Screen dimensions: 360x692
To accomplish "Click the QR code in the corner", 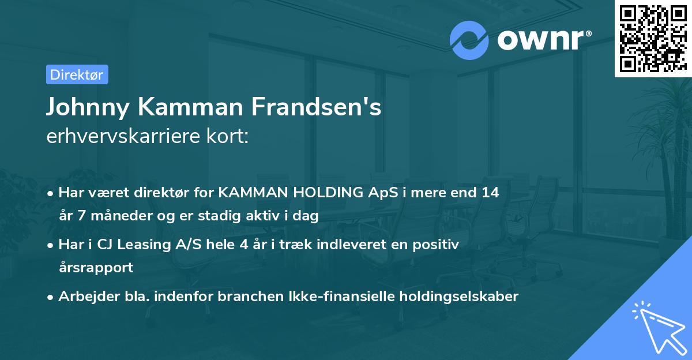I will point(653,38).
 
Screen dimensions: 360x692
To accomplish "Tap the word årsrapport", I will point(96,267).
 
